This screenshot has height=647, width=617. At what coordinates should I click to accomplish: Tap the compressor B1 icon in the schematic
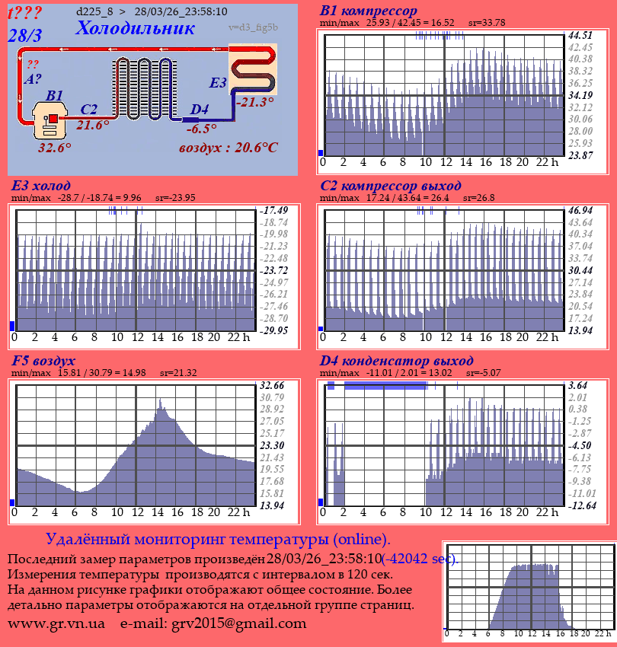(x=51, y=120)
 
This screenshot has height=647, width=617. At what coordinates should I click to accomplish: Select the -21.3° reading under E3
(x=254, y=102)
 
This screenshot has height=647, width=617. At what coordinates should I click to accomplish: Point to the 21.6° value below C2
(x=93, y=126)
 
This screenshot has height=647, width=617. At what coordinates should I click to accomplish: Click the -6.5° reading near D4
(x=201, y=129)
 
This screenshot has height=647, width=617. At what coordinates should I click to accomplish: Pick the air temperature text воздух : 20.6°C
(x=229, y=147)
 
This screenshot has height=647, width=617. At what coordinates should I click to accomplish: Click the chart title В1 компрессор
(x=369, y=11)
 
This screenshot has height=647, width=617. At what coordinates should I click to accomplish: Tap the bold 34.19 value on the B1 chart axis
(x=580, y=95)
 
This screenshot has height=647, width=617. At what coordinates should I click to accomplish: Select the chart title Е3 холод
(x=41, y=186)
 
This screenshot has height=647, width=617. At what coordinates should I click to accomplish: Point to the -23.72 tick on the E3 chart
(x=273, y=270)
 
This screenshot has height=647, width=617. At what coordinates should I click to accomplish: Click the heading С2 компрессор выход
(x=390, y=186)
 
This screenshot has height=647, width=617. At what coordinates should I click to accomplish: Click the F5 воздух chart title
(x=43, y=361)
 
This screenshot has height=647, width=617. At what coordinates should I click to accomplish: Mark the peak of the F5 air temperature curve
(x=160, y=401)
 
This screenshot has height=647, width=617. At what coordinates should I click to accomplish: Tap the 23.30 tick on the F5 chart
(x=272, y=445)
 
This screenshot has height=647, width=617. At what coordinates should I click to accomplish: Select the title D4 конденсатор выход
(x=396, y=361)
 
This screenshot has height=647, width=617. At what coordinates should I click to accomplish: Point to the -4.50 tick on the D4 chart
(x=580, y=445)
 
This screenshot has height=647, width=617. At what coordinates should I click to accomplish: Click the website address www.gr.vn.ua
(x=56, y=623)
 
